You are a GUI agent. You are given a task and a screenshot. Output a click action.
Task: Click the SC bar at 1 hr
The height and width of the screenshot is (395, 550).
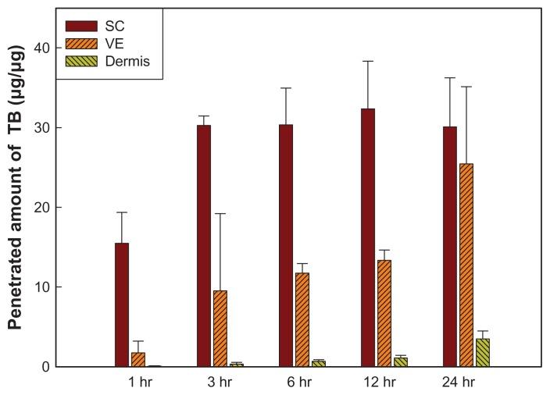122,304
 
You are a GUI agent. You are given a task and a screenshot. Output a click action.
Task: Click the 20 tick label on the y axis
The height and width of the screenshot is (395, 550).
43,208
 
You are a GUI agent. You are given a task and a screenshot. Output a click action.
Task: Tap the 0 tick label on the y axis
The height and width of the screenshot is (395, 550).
47,367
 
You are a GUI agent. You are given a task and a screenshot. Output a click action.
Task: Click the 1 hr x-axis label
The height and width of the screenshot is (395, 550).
139,383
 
